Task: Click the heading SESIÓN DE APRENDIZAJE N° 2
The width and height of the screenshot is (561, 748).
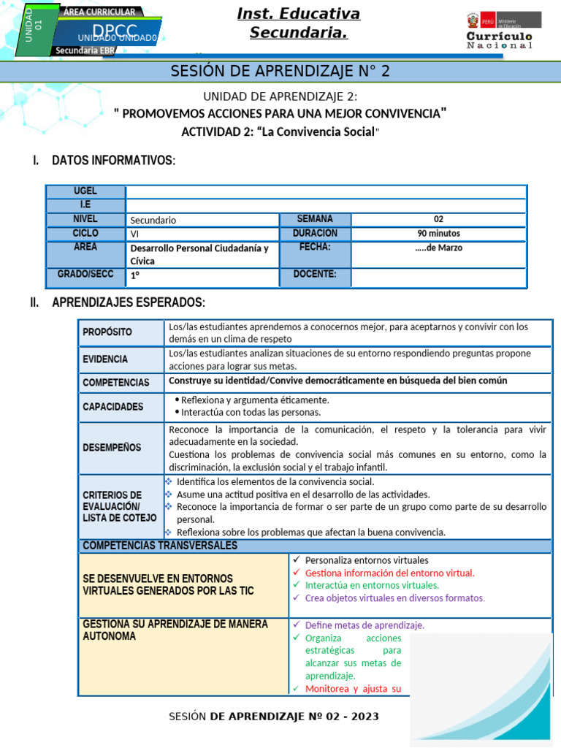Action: pyautogui.click(x=280, y=71)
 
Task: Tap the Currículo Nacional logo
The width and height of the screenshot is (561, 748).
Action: pyautogui.click(x=500, y=31)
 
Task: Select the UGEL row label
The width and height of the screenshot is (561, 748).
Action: pyautogui.click(x=85, y=191)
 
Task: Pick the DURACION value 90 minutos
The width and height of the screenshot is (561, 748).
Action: pyautogui.click(x=438, y=234)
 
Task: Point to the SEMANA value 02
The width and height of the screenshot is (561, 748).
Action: pyautogui.click(x=438, y=219)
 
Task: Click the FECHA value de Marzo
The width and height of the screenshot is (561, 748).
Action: pyautogui.click(x=438, y=248)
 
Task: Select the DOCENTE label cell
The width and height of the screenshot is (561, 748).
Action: pyautogui.click(x=315, y=275)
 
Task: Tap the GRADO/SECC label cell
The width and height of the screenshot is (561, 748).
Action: pyautogui.click(x=85, y=275)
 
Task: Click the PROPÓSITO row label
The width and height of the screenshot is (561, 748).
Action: pyautogui.click(x=107, y=332)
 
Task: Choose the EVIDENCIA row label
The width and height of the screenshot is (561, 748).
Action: pyautogui.click(x=105, y=359)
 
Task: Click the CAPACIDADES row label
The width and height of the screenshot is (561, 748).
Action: pyautogui.click(x=113, y=407)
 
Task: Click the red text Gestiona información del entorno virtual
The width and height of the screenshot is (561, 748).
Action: pyautogui.click(x=389, y=573)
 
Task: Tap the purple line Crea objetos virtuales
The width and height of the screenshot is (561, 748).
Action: pyautogui.click(x=394, y=598)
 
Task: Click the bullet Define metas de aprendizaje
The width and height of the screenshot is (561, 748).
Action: pyautogui.click(x=364, y=625)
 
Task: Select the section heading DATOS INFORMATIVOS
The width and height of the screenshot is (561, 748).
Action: pyautogui.click(x=113, y=160)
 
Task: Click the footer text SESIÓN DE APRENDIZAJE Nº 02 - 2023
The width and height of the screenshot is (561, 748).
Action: pyautogui.click(x=274, y=717)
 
